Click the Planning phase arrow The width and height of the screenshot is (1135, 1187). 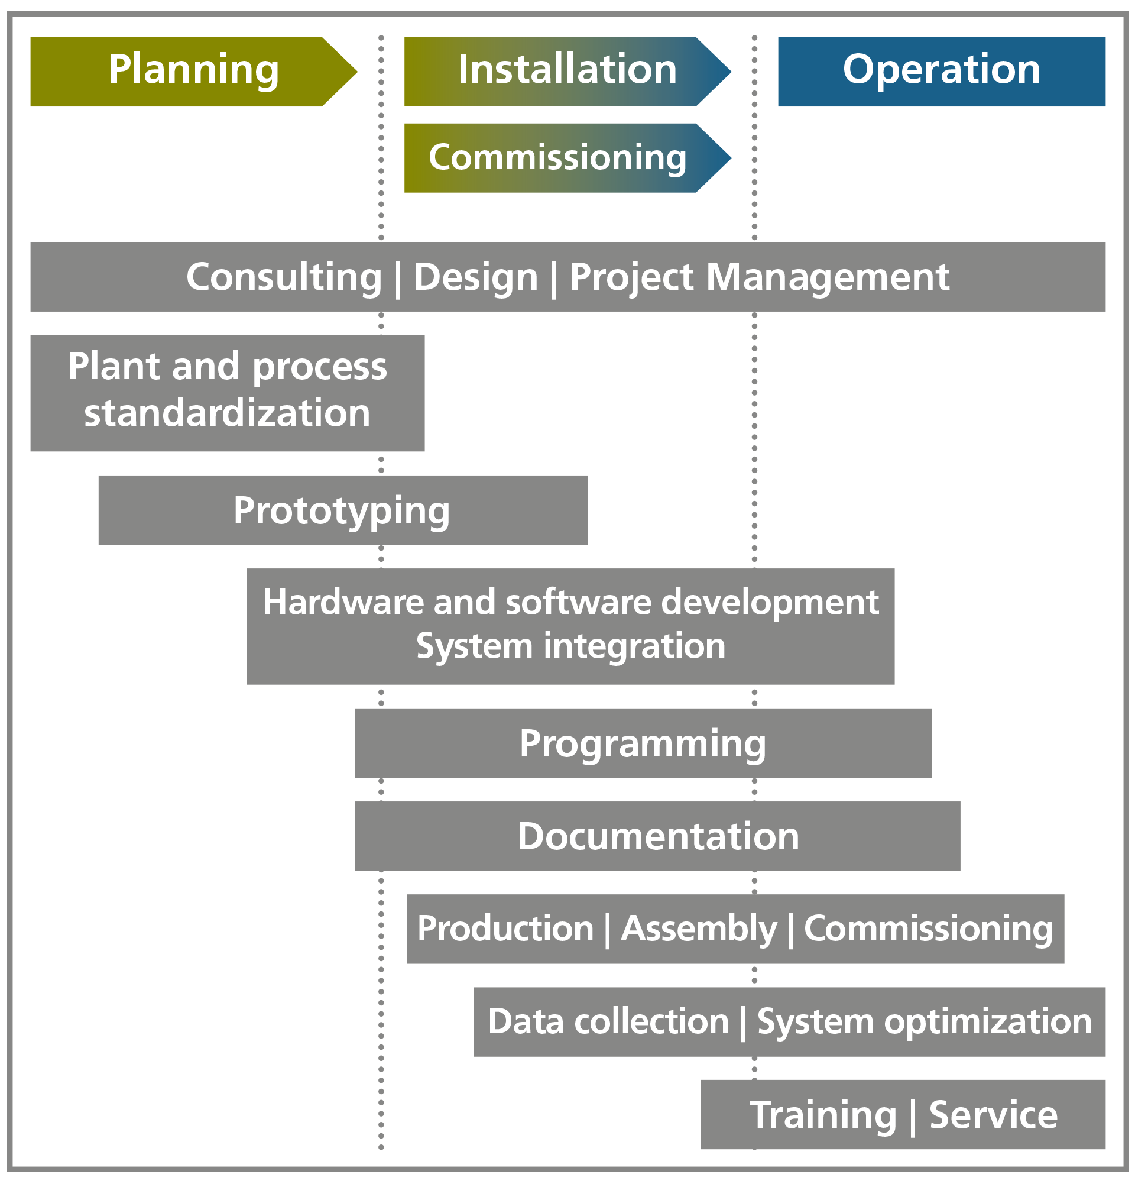tap(194, 72)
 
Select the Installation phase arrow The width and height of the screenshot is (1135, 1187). tap(567, 72)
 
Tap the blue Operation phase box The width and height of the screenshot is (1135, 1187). tap(941, 72)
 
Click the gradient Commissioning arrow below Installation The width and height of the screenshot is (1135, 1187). tap(567, 158)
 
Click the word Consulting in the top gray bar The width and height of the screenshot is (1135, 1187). tap(284, 278)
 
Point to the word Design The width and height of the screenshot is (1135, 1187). tap(476, 278)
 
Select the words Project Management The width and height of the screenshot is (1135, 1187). tap(759, 278)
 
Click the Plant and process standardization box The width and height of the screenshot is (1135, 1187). tap(228, 393)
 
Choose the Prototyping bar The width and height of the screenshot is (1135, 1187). tap(343, 510)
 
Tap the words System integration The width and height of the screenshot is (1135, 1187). tap(570, 646)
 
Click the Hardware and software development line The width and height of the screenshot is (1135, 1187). tap(570, 602)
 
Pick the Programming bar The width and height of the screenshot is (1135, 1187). tap(643, 743)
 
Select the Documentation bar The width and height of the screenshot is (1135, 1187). tap(657, 836)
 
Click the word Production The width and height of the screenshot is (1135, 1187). tap(506, 929)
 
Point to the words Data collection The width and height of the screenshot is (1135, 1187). tap(609, 1023)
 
